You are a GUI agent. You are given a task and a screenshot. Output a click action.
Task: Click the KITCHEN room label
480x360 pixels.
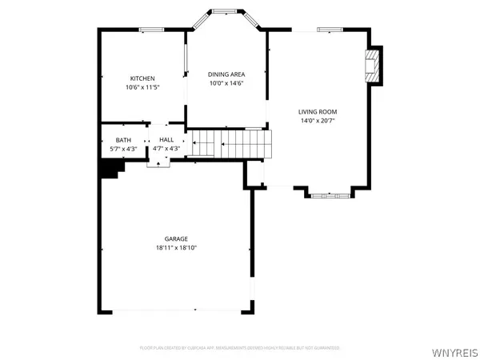tap(142, 78)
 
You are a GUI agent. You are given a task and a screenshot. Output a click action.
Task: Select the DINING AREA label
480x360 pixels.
tap(226, 74)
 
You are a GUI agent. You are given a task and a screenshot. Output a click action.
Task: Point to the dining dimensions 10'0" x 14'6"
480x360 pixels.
tap(226, 82)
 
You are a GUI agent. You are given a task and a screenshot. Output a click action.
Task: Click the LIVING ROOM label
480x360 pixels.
tap(318, 111)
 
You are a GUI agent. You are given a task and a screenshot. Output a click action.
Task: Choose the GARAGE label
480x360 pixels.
tap(176, 239)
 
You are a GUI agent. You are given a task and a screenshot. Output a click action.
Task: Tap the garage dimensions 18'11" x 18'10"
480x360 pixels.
tap(176, 248)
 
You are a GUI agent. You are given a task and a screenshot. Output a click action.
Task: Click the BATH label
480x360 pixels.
tap(122, 139)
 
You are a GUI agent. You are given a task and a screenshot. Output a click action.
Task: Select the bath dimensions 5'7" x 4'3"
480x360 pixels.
tap(122, 148)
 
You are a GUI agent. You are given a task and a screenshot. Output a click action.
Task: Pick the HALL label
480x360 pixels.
tap(166, 139)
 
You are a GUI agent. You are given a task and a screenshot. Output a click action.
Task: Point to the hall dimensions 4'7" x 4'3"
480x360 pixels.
tap(166, 148)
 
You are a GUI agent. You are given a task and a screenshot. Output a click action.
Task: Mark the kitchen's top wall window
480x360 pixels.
tap(151, 30)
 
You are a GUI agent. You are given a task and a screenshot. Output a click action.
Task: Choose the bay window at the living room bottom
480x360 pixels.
tap(329, 194)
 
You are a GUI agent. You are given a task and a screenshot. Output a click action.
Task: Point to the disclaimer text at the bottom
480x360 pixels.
tap(240, 348)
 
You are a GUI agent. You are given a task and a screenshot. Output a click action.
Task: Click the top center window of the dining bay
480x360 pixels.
tap(223, 11)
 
